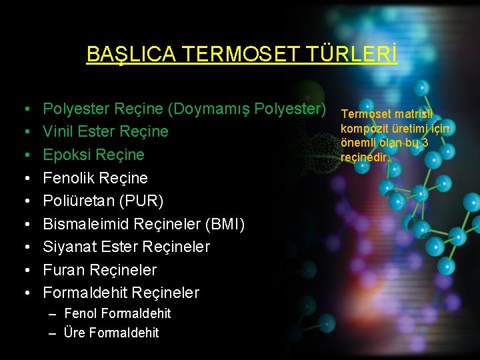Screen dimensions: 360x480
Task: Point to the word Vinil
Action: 59,131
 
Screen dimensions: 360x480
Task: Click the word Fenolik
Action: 69,178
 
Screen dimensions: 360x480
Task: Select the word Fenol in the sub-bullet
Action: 81,313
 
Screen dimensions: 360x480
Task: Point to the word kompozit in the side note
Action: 364,129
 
